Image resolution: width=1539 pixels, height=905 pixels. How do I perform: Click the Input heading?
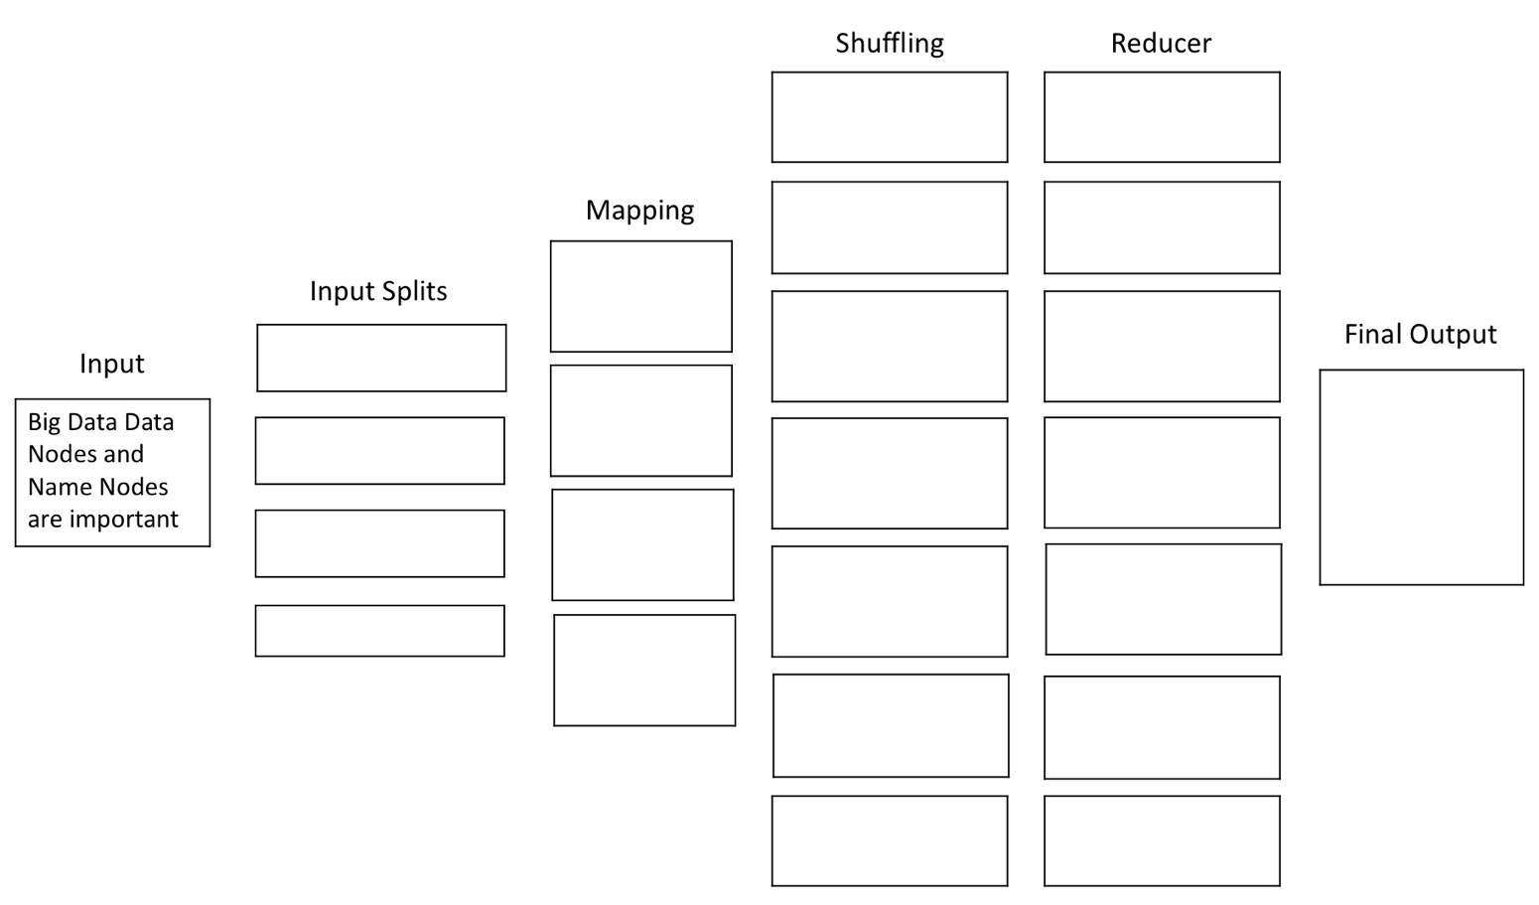click(x=111, y=364)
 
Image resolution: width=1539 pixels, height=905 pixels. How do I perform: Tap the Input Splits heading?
click(x=378, y=291)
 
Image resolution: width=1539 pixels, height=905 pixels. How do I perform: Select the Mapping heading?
click(x=639, y=211)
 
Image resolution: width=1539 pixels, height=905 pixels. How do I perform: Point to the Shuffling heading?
click(x=889, y=44)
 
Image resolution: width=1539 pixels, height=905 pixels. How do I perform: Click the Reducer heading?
click(x=1161, y=44)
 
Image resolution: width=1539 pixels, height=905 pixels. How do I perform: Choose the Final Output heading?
click(x=1420, y=335)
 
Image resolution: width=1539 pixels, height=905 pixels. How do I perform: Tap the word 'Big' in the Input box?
click(x=44, y=423)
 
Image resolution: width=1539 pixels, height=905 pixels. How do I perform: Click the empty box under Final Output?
click(x=1421, y=478)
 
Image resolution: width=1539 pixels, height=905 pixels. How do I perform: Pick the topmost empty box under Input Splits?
click(x=381, y=358)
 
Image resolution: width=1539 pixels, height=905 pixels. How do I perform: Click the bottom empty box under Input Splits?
click(x=379, y=631)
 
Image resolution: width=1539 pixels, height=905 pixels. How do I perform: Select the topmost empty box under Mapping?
click(x=641, y=296)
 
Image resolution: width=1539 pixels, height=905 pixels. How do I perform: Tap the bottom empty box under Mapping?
click(x=644, y=671)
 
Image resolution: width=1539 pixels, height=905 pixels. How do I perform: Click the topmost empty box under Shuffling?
click(x=890, y=117)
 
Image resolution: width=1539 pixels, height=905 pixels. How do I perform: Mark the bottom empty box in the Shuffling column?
click(x=890, y=840)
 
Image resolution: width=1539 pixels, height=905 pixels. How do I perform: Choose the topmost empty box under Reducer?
click(x=1162, y=117)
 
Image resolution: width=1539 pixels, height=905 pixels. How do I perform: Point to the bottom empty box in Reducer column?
click(x=1162, y=840)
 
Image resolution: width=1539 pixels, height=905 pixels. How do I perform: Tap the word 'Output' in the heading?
click(x=1456, y=335)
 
